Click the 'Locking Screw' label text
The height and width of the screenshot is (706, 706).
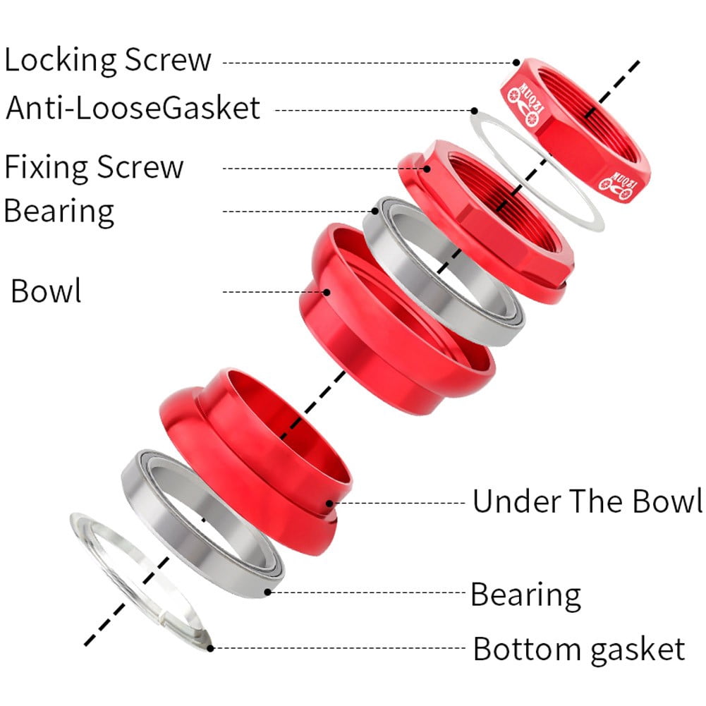tap(108, 60)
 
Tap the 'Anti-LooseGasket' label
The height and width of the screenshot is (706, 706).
tap(133, 108)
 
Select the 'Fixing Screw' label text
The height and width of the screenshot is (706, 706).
tap(94, 167)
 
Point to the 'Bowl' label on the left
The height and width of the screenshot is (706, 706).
tap(46, 291)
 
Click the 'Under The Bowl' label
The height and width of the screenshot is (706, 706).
tap(587, 501)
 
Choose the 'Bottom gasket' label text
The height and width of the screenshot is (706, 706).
tap(579, 650)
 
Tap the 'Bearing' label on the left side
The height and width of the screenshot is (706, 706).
tap(59, 211)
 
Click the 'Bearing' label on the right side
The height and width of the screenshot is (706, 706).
tap(525, 595)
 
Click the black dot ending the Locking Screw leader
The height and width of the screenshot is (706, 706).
tap(516, 63)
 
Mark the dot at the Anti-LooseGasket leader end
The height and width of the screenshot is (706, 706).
tap(474, 111)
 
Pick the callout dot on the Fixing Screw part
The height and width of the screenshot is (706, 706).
tap(427, 169)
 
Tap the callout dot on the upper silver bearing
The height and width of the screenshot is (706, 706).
tap(375, 211)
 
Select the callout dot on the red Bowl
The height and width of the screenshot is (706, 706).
tap(327, 292)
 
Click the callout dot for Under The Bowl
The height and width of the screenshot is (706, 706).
tap(329, 504)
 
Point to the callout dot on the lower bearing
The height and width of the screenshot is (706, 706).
tap(267, 592)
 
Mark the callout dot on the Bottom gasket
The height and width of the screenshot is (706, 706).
tap(210, 648)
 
